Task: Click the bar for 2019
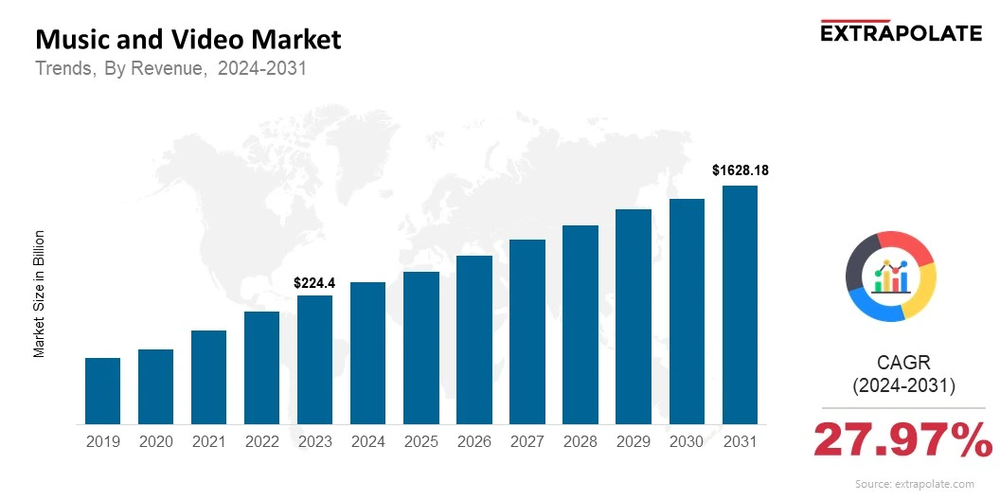(102, 390)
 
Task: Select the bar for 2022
(261, 367)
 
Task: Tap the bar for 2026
(473, 339)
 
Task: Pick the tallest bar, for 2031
(740, 304)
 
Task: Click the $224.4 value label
(314, 282)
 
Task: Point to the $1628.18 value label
(740, 171)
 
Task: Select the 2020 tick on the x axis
(155, 441)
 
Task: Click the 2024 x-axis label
(367, 441)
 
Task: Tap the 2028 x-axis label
(580, 441)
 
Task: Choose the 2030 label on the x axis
(687, 441)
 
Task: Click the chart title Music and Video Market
(187, 40)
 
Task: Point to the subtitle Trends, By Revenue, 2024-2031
(170, 69)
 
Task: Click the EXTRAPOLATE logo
(900, 32)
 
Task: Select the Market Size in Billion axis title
(40, 294)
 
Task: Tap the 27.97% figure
(902, 439)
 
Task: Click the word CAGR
(902, 363)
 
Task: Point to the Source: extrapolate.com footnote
(914, 484)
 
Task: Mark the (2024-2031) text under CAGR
(902, 386)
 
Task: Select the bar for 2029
(634, 316)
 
